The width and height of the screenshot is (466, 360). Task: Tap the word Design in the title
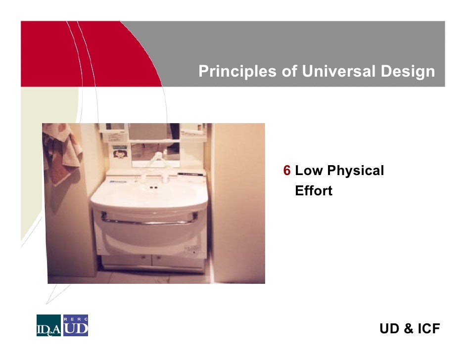click(x=408, y=72)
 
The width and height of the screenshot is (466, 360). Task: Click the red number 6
click(x=286, y=171)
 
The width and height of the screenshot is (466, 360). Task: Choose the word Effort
click(x=314, y=191)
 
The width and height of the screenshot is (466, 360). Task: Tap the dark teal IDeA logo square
click(x=48, y=326)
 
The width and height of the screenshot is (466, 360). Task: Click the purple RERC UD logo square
click(x=75, y=326)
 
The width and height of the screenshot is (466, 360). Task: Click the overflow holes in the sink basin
click(x=152, y=188)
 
